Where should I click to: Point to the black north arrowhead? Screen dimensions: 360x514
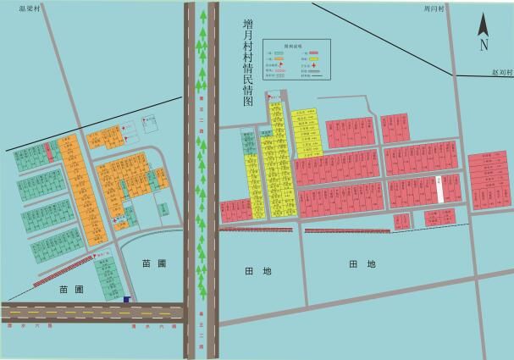tap(484, 23)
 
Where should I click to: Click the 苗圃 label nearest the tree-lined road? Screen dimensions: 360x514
tap(154, 263)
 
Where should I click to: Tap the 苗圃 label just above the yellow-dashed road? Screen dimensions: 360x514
tap(71, 289)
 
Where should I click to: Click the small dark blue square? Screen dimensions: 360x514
tap(126, 298)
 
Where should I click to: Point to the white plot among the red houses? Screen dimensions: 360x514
tap(440, 188)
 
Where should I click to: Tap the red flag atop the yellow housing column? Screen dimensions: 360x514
tap(270, 95)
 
